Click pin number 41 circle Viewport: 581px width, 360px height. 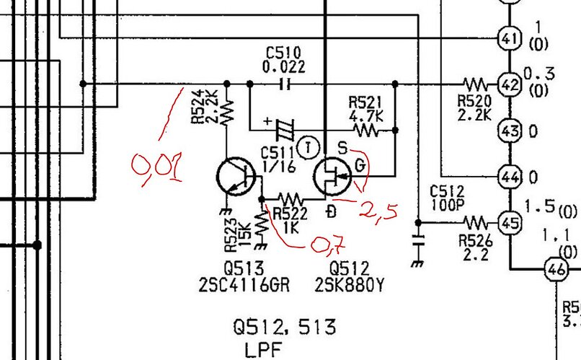coord(510,38)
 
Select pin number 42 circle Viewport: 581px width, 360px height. coord(510,84)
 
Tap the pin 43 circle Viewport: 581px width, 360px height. coord(510,131)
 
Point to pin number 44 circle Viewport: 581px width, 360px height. coord(510,177)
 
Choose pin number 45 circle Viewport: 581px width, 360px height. coord(510,223)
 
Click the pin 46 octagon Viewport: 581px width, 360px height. coord(556,270)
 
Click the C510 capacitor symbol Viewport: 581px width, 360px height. coord(285,84)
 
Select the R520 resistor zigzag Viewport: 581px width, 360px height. coord(476,84)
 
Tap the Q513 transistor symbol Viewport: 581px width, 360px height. coord(236,177)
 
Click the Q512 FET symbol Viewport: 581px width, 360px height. coord(332,177)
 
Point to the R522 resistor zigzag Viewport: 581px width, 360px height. coord(291,199)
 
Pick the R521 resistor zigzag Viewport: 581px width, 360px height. coord(366,131)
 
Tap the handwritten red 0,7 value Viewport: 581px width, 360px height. coord(328,245)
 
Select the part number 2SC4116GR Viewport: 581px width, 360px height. coord(244,286)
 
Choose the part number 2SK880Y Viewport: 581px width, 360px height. coord(350,286)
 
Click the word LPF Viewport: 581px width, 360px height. coord(263,350)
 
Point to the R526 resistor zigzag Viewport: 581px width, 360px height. coord(476,223)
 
